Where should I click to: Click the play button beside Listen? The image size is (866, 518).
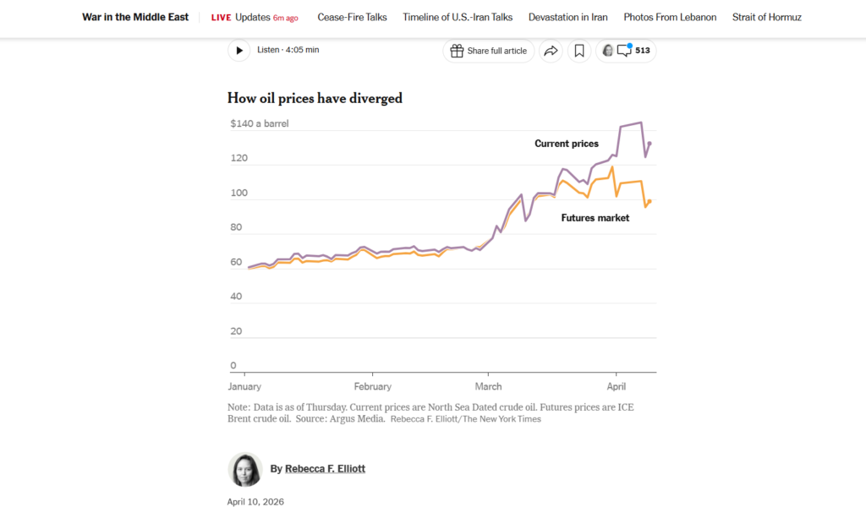tap(239, 51)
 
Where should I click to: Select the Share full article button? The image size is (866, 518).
tap(488, 51)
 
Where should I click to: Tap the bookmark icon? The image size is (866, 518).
tap(579, 51)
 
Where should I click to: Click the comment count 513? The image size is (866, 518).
tap(642, 51)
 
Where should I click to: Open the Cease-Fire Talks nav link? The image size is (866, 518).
tap(352, 17)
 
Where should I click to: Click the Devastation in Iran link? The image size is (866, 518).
tap(567, 17)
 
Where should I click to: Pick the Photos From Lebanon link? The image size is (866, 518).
tap(670, 17)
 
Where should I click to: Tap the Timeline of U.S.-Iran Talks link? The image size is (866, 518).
tap(458, 17)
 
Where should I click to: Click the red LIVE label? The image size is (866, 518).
tap(221, 17)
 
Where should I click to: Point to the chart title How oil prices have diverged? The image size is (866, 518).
tap(315, 98)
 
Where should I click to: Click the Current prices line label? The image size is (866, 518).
tap(566, 144)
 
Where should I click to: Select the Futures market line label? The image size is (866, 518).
tap(595, 218)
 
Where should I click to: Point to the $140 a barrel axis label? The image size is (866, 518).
tap(259, 123)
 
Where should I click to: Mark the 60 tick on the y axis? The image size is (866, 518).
tap(236, 262)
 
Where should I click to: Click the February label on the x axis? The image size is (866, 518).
tap(373, 387)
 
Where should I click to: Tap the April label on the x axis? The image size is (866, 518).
tap(617, 387)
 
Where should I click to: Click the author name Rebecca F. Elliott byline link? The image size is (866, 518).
tap(325, 469)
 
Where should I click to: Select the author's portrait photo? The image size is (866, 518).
tap(245, 470)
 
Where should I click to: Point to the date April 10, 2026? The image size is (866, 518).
tap(255, 502)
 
